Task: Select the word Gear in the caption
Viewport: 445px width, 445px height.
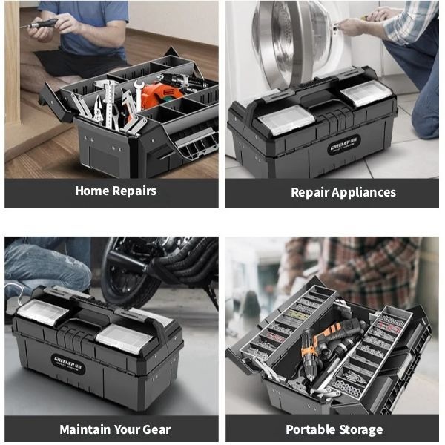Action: [x=156, y=429]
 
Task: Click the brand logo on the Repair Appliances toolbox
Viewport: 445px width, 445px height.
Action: [x=344, y=145]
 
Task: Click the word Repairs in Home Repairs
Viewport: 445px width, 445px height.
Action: [x=134, y=191]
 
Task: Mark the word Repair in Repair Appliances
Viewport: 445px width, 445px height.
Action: [x=310, y=193]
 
